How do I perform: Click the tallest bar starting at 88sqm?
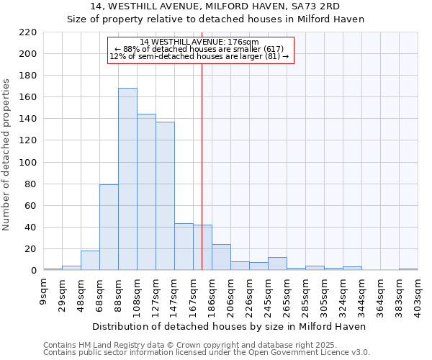coord(127,179)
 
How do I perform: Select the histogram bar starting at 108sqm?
coord(146,192)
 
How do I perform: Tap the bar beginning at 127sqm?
coord(165,196)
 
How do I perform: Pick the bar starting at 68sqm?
coord(109,228)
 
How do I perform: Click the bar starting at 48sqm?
coord(90,261)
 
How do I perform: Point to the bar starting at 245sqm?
coord(277,264)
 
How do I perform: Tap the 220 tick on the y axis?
coord(28,32)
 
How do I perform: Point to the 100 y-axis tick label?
coord(28,163)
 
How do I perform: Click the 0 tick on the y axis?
coord(33,271)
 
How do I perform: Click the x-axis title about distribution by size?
coord(230,326)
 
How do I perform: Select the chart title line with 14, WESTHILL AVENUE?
coord(216,7)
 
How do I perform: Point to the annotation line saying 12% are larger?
coord(199,56)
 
